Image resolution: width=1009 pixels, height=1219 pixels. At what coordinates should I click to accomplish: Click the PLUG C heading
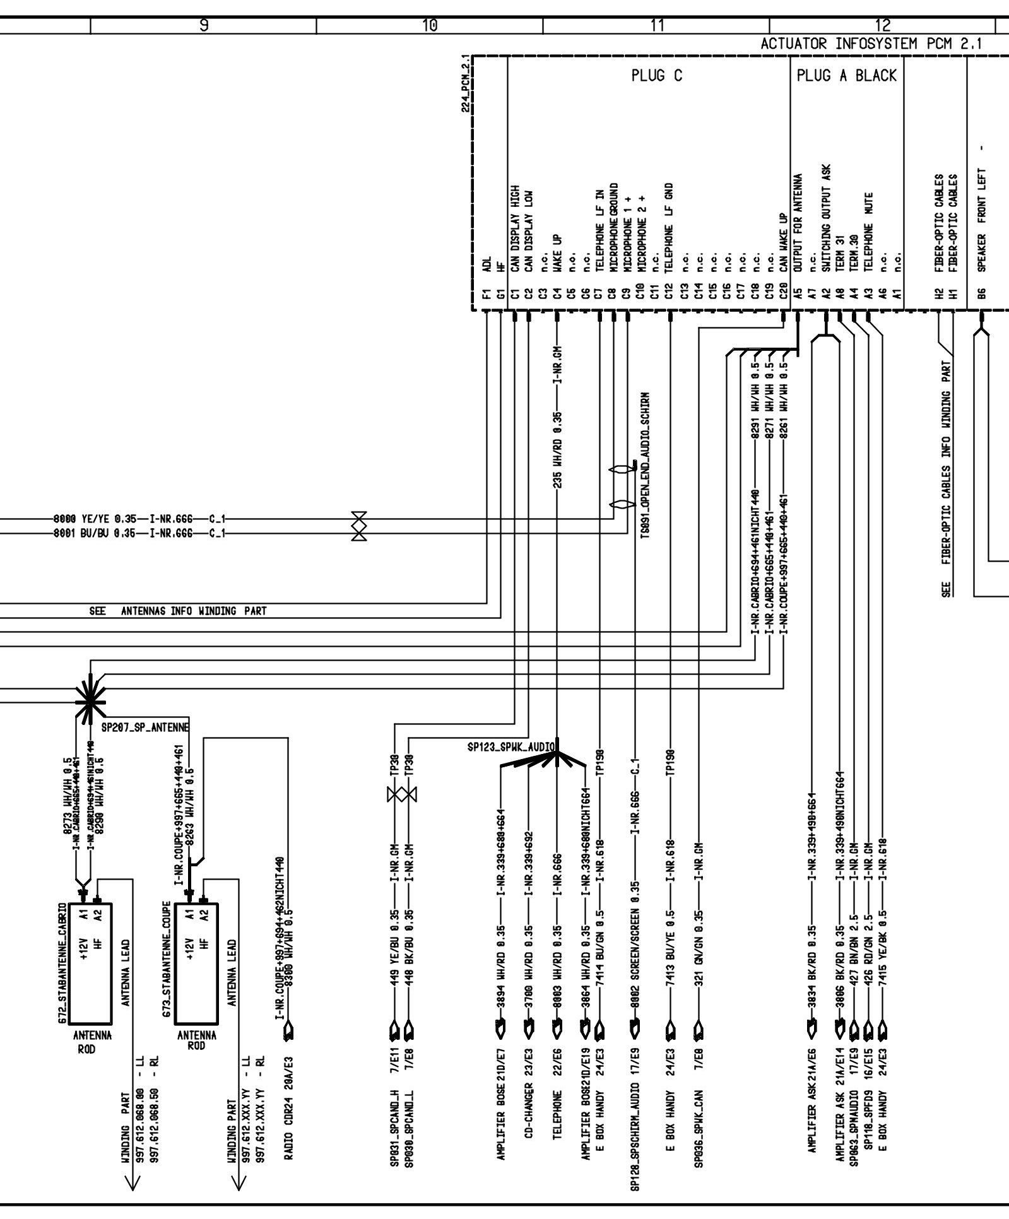656,76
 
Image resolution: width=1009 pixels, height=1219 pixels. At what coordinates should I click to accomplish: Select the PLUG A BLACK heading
846,76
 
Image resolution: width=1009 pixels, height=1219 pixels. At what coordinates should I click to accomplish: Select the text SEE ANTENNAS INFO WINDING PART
177,611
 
